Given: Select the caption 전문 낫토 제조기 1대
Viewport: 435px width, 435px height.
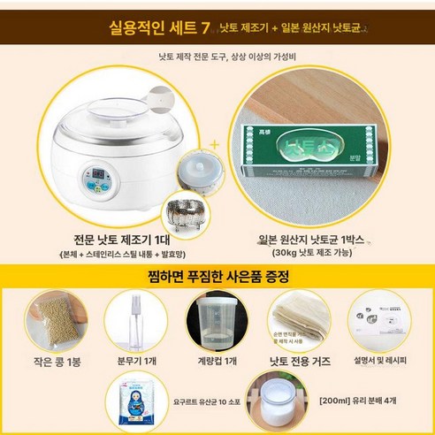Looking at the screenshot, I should point(114,240).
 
